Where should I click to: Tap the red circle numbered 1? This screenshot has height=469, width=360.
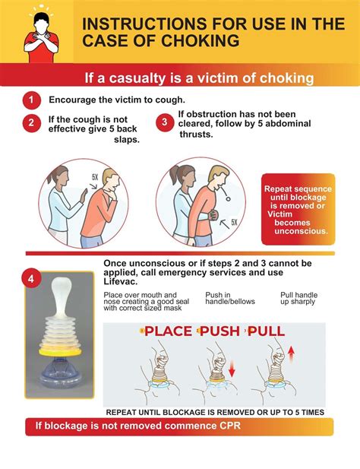(x=31, y=100)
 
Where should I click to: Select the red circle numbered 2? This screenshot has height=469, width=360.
(x=31, y=124)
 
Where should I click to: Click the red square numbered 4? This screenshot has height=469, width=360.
(x=30, y=278)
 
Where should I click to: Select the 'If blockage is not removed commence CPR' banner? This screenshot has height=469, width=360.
(x=178, y=426)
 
